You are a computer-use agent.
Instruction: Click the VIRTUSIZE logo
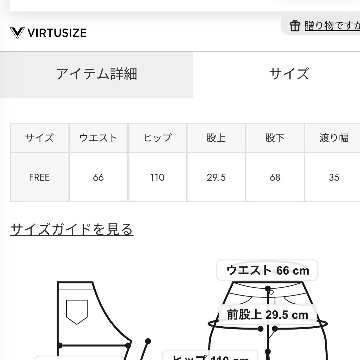coord(48,33)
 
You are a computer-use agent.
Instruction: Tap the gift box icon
coord(295,26)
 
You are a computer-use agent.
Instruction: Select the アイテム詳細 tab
coord(96,74)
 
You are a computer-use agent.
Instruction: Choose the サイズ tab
coord(289,74)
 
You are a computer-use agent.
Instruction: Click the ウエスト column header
coord(98,138)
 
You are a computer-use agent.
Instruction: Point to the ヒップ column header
coord(157,138)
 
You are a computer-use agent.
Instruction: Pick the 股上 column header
coord(216,138)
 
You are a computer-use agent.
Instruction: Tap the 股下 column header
coord(275,138)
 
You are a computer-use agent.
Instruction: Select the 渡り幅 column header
coord(334,138)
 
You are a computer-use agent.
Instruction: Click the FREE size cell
coord(39,177)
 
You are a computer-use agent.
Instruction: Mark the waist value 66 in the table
coord(98,177)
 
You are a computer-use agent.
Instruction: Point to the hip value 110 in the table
coord(157,177)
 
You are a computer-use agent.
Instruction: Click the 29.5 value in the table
coord(216,177)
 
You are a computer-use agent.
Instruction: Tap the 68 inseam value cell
coord(275,177)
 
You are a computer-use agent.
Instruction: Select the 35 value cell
coord(334,177)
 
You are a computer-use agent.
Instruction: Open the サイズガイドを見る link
coord(72,229)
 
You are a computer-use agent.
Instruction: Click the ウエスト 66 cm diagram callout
coord(267,270)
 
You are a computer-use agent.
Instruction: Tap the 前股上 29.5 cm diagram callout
coord(267,315)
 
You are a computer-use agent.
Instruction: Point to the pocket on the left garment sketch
coord(77,311)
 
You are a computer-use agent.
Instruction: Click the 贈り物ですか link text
coord(332,26)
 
